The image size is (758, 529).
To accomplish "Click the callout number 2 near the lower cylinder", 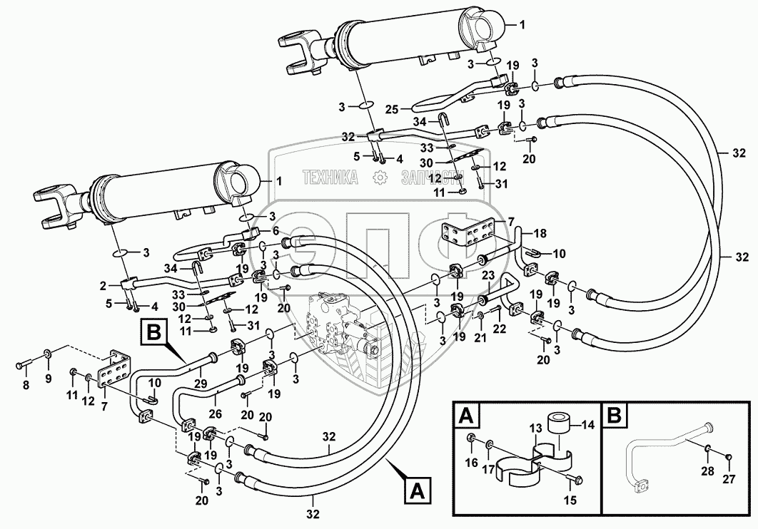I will pyautogui.click(x=104, y=285).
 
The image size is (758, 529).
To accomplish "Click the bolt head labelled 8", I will pyautogui.click(x=21, y=366).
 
